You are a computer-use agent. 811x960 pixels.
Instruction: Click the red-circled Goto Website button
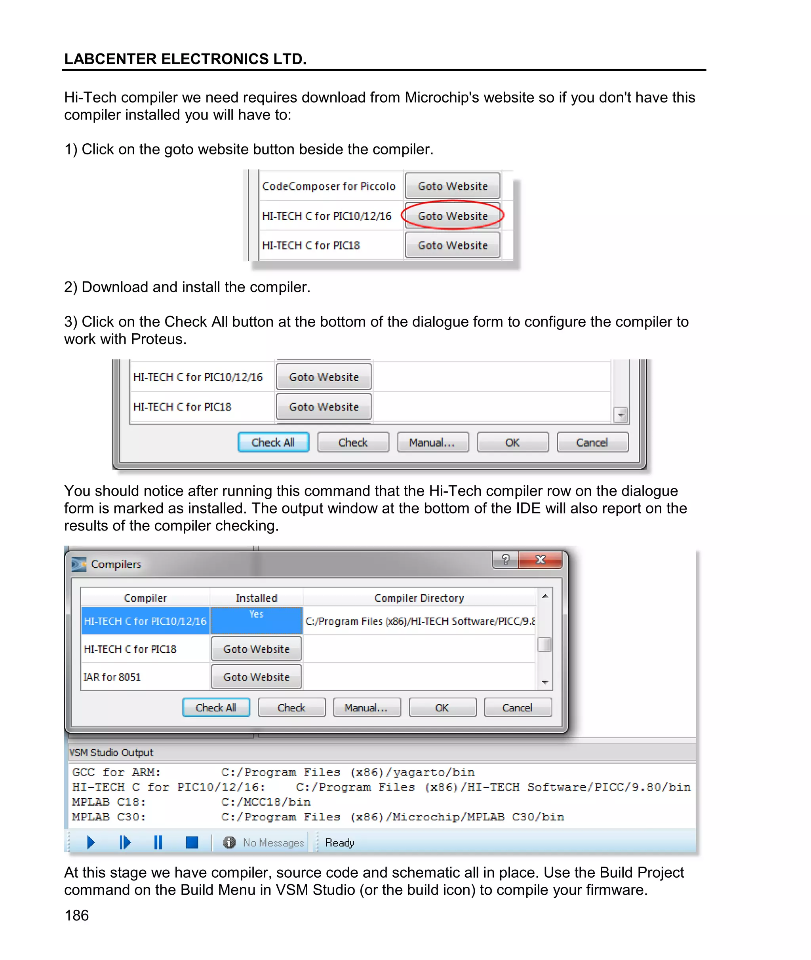click(452, 215)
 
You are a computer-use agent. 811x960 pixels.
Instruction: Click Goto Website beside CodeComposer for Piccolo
click(452, 186)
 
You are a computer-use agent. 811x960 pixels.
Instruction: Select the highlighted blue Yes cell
click(256, 620)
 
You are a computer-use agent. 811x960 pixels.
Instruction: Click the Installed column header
click(256, 597)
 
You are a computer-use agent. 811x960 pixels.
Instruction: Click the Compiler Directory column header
click(419, 597)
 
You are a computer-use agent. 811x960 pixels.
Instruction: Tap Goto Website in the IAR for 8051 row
click(256, 677)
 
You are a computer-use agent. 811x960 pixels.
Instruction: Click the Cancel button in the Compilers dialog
click(517, 707)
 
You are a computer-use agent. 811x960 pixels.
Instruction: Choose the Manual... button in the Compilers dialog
click(366, 707)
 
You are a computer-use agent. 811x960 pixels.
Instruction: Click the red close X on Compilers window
click(540, 559)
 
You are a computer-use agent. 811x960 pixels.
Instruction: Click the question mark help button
click(505, 559)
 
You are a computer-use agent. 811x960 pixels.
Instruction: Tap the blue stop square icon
click(192, 842)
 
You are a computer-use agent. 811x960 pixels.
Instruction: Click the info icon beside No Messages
click(229, 842)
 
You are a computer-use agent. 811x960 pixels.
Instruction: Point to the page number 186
click(77, 915)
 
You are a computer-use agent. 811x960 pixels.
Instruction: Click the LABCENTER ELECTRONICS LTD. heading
click(185, 59)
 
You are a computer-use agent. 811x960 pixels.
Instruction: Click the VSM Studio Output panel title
click(111, 752)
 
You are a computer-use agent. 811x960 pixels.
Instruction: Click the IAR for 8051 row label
click(112, 677)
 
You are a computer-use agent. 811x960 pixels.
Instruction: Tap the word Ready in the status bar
click(339, 842)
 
